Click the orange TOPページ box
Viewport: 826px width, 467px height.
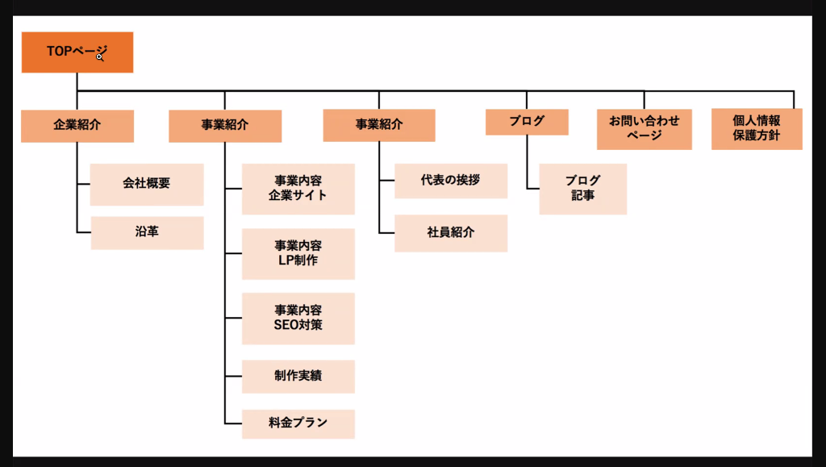77,52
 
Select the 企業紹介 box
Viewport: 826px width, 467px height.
77,126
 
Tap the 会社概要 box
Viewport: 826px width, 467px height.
146,184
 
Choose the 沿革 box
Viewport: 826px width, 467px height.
146,232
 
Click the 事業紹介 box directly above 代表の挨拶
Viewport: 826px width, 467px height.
378,125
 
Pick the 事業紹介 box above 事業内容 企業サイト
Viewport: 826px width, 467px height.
224,126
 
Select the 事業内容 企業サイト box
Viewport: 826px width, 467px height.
298,189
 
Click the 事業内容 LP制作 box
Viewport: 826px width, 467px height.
298,253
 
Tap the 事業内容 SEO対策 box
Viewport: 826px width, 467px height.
298,318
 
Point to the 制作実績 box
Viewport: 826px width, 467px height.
298,376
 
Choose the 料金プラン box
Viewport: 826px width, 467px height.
298,423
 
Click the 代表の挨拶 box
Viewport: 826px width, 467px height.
450,181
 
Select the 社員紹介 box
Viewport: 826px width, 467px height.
450,232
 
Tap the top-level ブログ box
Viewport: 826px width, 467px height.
527,122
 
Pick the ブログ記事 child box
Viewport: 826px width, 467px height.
582,189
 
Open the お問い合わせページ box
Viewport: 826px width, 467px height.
644,129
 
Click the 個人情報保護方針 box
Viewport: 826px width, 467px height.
756,129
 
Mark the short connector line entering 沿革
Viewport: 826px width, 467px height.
84,233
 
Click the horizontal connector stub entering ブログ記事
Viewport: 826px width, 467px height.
533,190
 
